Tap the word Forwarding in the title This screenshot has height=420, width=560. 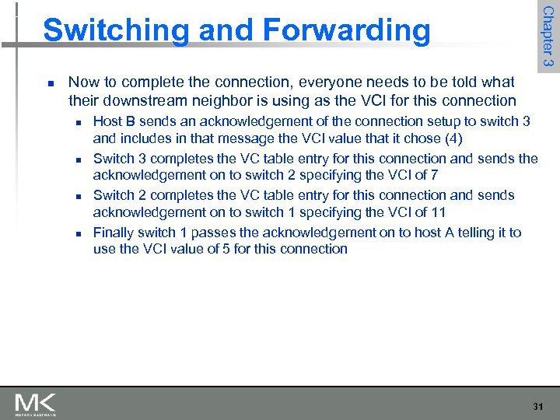[x=346, y=30]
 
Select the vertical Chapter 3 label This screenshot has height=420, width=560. [x=548, y=36]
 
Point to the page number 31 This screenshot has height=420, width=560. [x=537, y=406]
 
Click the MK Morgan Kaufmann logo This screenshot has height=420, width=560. [x=35, y=404]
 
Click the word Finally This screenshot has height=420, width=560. [x=115, y=233]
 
